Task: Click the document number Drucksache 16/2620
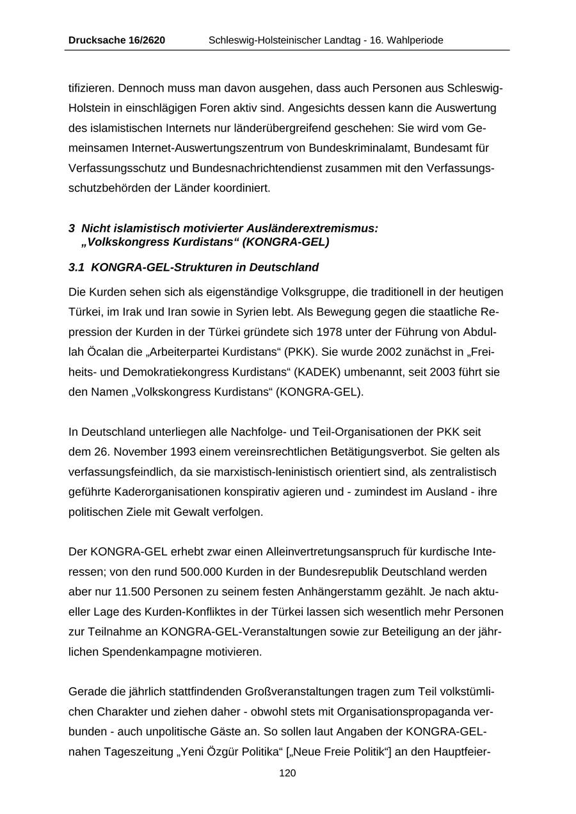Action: pyautogui.click(x=116, y=40)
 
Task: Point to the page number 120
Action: pyautogui.click(x=287, y=773)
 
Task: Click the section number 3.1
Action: pyautogui.click(x=77, y=267)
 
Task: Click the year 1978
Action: pyautogui.click(x=319, y=332)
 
